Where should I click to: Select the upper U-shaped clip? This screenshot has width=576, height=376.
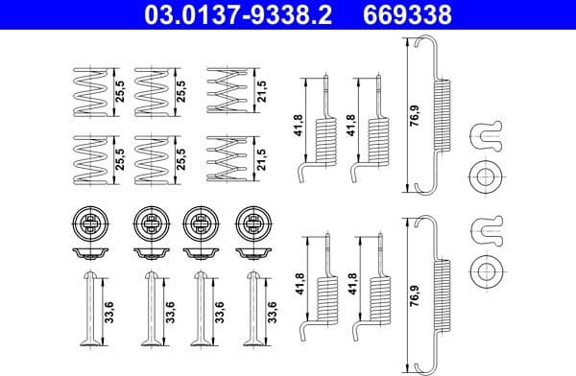click(x=487, y=138)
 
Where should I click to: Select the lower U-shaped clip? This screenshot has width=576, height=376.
click(x=487, y=229)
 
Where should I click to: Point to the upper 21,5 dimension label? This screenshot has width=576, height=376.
click(x=259, y=91)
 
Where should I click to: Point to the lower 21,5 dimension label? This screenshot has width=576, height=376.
click(x=259, y=155)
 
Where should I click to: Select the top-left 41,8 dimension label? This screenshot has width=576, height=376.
click(x=297, y=125)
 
